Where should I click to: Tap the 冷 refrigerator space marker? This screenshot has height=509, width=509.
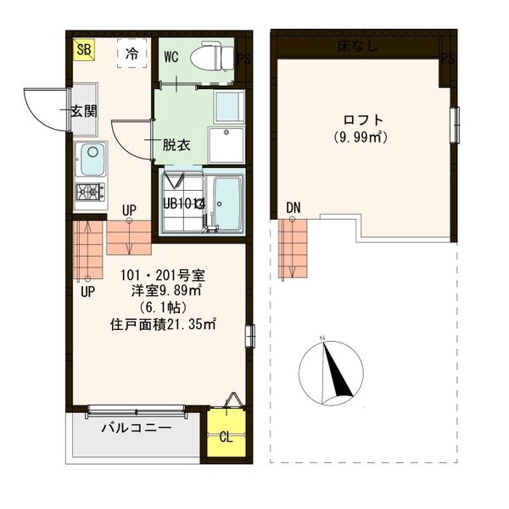[x=131, y=53]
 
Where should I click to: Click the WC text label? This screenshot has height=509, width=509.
[x=171, y=58]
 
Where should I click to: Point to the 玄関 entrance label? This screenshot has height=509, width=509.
[x=83, y=110]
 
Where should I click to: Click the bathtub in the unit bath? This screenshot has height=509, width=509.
[x=226, y=204]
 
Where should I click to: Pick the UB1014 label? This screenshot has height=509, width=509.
[x=185, y=204]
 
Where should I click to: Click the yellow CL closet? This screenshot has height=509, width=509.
[x=226, y=438]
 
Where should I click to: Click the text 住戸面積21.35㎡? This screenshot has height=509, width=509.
[x=163, y=323]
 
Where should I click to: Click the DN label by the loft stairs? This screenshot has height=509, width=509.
[x=294, y=208]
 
